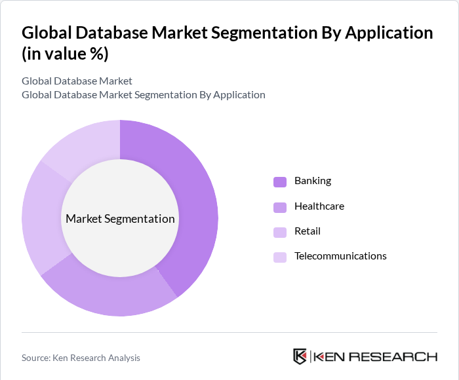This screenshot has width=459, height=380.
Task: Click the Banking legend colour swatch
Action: click(280, 181)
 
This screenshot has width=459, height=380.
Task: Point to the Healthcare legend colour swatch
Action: click(280, 207)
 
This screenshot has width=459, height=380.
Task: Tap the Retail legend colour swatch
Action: click(280, 232)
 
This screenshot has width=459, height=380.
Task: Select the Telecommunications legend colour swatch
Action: click(280, 257)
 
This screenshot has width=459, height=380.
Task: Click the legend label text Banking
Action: click(313, 181)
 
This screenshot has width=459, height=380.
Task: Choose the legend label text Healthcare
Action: click(319, 206)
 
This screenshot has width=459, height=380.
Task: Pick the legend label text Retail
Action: click(308, 231)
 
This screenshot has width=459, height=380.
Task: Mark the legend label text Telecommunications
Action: click(340, 256)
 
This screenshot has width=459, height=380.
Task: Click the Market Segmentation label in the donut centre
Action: click(120, 219)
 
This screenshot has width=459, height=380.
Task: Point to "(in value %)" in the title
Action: click(65, 54)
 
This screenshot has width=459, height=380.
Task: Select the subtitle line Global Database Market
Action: click(77, 81)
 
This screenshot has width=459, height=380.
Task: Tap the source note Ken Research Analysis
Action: click(81, 358)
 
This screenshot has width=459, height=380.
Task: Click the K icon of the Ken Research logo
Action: click(300, 356)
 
